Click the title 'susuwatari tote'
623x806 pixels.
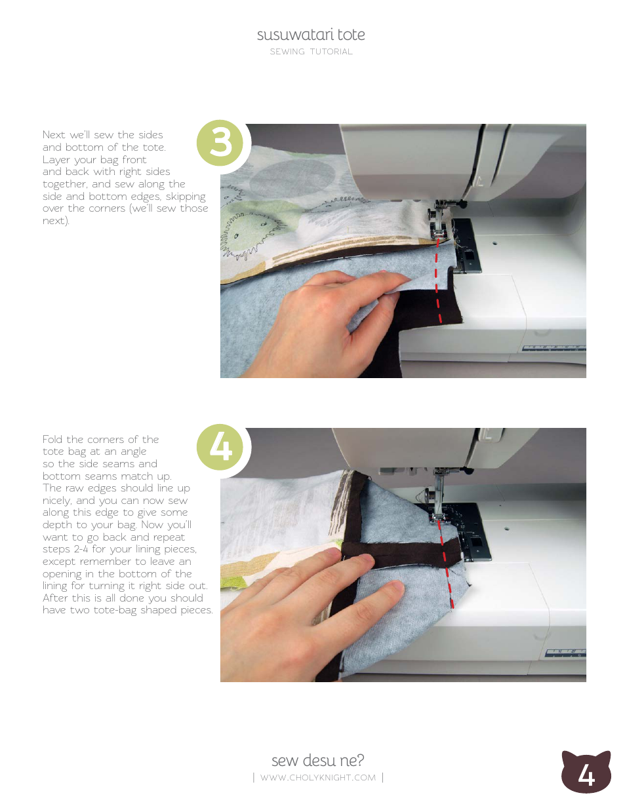coord(311,35)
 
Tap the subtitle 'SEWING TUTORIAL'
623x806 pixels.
coord(311,52)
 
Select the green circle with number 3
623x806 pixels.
coord(220,143)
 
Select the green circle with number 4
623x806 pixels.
coord(220,447)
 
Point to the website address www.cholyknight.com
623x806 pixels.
coord(318,777)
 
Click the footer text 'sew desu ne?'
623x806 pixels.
coord(318,760)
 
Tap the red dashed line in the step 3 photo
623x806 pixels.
coord(438,280)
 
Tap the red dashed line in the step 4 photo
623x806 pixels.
coord(446,564)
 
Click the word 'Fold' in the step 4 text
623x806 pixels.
coord(52,439)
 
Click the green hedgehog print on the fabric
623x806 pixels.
coord(249,232)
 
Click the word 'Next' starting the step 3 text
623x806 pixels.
coord(54,134)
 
